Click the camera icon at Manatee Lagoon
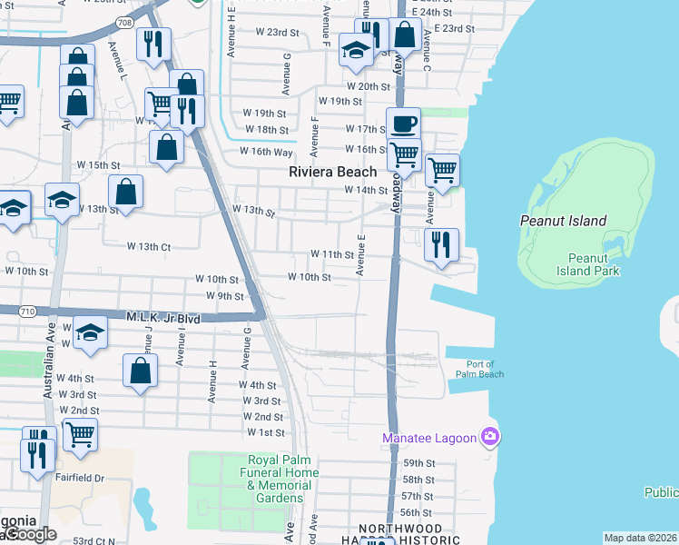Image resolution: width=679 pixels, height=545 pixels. point(490,438)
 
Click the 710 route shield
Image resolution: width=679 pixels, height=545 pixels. point(26,312)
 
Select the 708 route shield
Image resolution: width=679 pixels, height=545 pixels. point(150,20)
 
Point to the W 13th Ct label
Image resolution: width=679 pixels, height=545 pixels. point(149,246)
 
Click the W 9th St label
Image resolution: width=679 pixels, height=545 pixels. point(225,296)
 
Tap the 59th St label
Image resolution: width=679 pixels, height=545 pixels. point(418,463)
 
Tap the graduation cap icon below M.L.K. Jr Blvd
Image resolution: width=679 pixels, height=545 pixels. point(90,333)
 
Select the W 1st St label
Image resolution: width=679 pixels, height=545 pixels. point(266,432)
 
